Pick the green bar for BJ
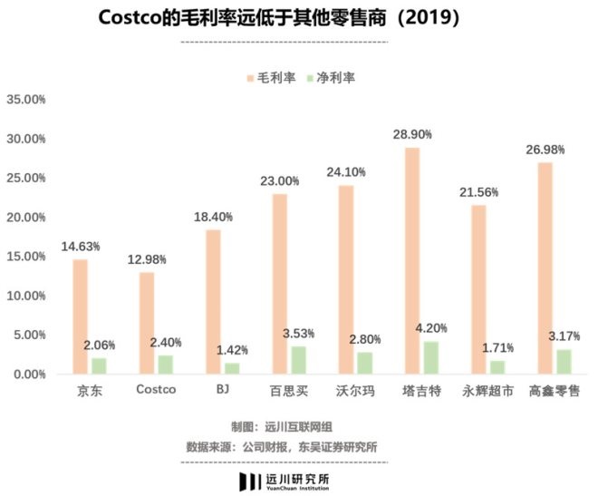click(231, 368)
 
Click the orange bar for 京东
click(81, 316)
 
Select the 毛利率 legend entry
click(271, 78)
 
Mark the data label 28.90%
click(412, 134)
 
